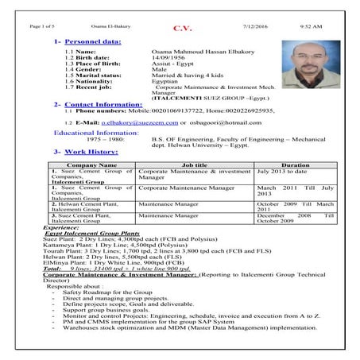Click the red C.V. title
coord(182,29)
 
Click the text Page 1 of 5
coord(41,26)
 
